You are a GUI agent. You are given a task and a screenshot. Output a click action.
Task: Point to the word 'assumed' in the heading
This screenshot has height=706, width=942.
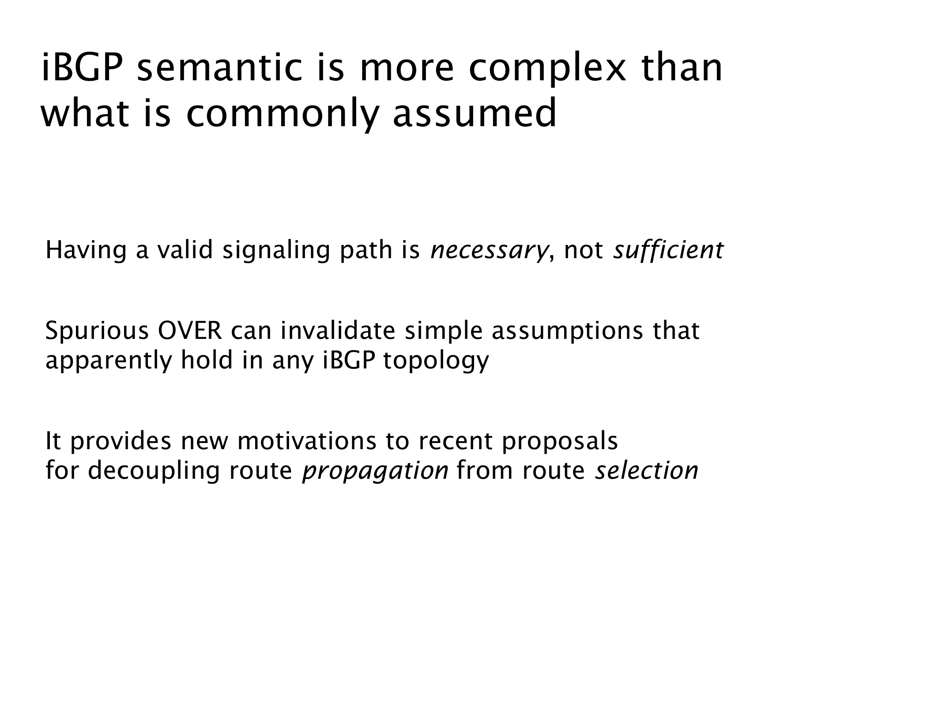tap(475, 113)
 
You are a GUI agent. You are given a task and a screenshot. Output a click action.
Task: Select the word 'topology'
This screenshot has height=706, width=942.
tap(436, 361)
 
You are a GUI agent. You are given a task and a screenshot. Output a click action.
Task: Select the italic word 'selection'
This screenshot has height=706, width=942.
tap(647, 470)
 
